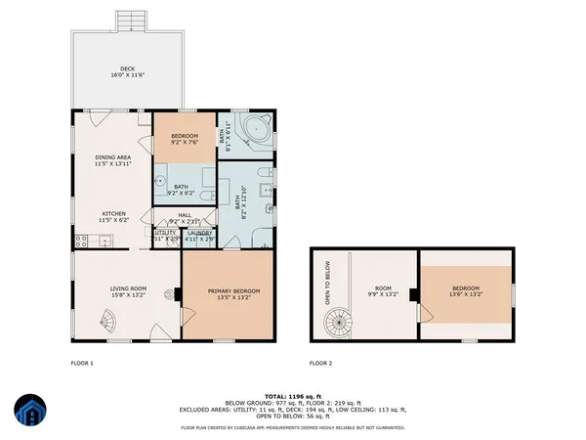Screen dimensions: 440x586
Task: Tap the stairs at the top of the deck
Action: [129, 21]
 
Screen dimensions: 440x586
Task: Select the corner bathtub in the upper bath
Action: [257, 129]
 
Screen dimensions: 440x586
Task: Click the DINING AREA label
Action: [114, 156]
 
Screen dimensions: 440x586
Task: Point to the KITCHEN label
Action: [114, 213]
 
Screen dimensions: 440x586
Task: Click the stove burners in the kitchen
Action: [76, 242]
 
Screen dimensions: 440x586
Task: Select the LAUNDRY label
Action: [198, 232]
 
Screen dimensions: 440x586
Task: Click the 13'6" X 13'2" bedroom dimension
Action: [466, 294]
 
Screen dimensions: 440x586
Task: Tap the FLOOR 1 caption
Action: [82, 363]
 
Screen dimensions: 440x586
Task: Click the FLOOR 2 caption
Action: [320, 363]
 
